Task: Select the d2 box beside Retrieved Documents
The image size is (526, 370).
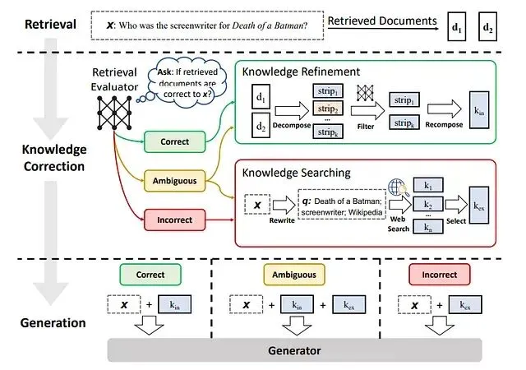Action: pos(488,27)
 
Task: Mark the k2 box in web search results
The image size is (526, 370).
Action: pos(426,203)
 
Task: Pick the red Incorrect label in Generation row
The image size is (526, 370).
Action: pos(438,275)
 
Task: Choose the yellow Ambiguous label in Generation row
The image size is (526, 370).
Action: pos(294,275)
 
